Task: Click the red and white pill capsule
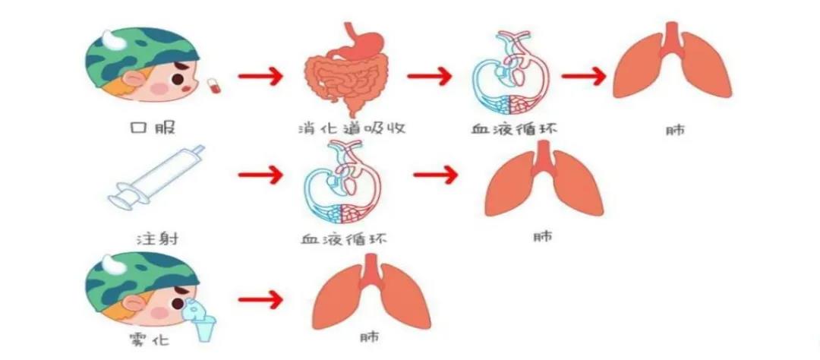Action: (x=214, y=87)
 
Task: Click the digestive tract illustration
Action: (x=346, y=70)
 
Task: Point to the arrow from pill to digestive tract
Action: (x=260, y=77)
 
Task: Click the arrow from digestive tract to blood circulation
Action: (x=429, y=77)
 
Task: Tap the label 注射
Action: (x=157, y=240)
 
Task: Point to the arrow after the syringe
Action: (x=260, y=175)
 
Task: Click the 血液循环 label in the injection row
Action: (x=344, y=240)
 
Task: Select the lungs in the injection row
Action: (x=544, y=178)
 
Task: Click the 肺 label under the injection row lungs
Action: (x=543, y=236)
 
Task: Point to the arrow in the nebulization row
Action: (x=260, y=300)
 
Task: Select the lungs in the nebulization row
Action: (x=371, y=292)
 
